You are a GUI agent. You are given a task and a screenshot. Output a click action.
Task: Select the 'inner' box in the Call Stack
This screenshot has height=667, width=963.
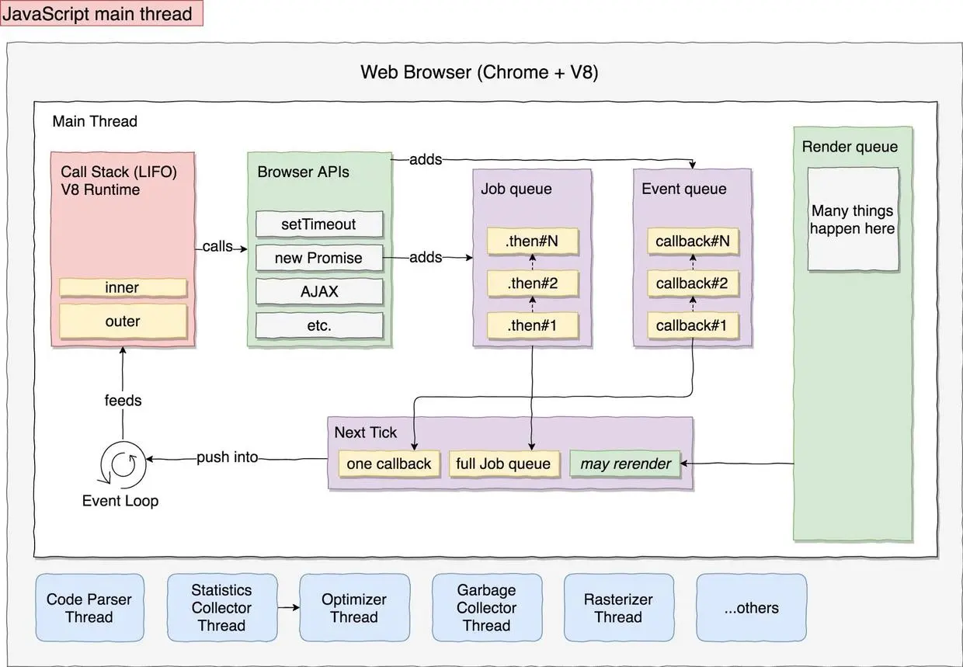(123, 287)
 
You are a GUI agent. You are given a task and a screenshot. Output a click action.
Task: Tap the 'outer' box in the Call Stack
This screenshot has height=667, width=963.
(123, 321)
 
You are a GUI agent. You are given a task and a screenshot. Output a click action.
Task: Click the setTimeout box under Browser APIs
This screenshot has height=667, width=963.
(318, 224)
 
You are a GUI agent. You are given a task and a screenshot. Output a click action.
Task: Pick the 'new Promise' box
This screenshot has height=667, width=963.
(318, 258)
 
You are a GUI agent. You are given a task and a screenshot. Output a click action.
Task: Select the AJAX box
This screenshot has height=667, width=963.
(318, 292)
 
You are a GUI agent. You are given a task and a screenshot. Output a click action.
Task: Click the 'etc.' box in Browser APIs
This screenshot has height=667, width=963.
(318, 325)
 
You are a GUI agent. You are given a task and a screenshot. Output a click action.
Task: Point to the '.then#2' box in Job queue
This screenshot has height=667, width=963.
(532, 283)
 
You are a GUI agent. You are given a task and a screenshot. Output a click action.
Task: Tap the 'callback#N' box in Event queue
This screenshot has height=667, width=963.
(692, 241)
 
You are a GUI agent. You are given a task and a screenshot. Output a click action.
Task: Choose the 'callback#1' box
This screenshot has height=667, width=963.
(692, 325)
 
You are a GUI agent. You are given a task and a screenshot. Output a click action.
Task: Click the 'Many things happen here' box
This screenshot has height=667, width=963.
(853, 220)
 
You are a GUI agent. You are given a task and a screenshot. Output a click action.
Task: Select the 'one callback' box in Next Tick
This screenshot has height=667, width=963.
(388, 464)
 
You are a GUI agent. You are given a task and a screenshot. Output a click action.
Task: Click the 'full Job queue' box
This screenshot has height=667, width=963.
(503, 464)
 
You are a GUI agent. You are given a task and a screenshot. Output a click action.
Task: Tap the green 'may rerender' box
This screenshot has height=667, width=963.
(625, 464)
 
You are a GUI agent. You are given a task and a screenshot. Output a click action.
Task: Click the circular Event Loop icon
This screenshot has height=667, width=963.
(123, 464)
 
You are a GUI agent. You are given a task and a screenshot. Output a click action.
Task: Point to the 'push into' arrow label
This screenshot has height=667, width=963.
(227, 457)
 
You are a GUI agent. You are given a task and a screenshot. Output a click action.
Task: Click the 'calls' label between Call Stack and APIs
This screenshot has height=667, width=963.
(217, 246)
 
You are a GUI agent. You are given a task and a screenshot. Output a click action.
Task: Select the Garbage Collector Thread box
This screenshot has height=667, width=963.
(486, 608)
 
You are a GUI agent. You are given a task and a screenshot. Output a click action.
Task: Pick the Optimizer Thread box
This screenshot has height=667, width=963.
(354, 608)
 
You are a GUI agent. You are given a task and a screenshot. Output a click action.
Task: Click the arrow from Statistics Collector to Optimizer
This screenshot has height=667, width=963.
(287, 608)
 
